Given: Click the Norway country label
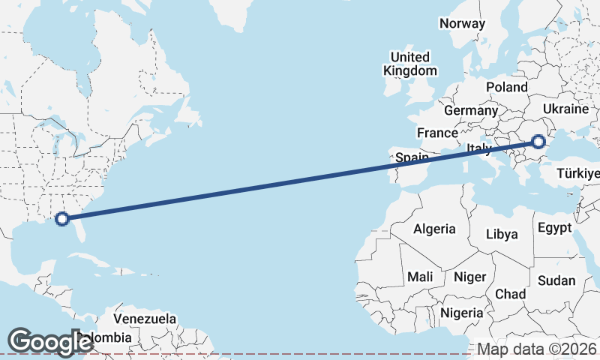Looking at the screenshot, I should click(463, 23).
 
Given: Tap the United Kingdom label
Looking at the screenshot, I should click(409, 64).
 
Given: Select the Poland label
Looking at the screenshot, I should click(507, 87).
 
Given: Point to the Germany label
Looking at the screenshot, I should click(471, 110).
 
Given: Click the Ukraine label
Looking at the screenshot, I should click(565, 109).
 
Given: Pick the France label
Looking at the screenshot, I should click(438, 133).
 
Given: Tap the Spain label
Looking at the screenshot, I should click(412, 157).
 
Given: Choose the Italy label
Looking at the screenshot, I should click(478, 148).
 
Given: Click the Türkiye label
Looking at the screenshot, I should click(578, 174).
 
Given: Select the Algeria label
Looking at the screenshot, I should click(435, 229).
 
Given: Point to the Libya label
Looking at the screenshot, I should click(502, 234).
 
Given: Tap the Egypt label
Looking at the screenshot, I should click(555, 227).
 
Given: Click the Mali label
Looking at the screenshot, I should click(420, 277).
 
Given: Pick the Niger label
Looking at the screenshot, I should click(470, 277).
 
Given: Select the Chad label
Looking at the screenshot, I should click(510, 294).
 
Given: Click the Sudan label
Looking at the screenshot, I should click(556, 281).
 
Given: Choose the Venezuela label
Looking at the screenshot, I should click(145, 319).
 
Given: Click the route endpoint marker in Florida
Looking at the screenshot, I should click(62, 219).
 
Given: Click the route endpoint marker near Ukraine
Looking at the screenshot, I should click(538, 140).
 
